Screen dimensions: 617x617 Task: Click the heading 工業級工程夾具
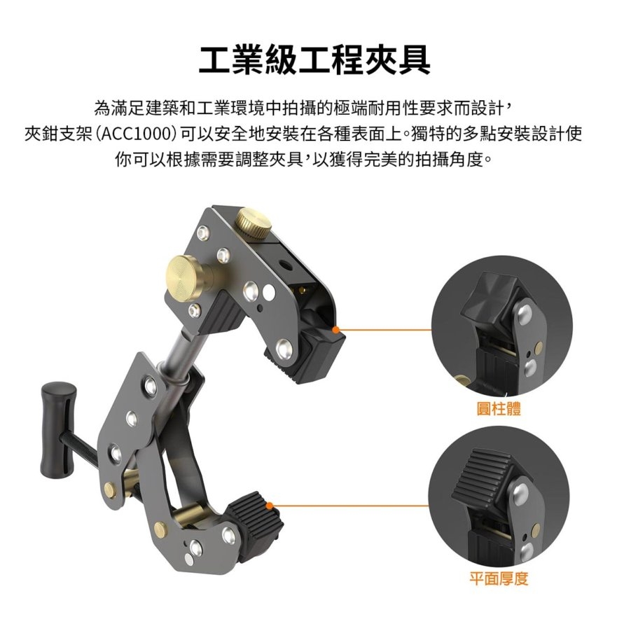314,61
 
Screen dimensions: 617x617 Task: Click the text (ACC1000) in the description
135,134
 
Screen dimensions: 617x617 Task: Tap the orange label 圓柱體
499,408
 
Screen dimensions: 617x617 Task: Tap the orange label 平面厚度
498,578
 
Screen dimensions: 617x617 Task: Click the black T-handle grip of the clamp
57,427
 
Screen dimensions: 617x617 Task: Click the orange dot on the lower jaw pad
270,505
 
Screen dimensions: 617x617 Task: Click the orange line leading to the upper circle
385,329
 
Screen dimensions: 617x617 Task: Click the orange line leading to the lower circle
350,505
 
